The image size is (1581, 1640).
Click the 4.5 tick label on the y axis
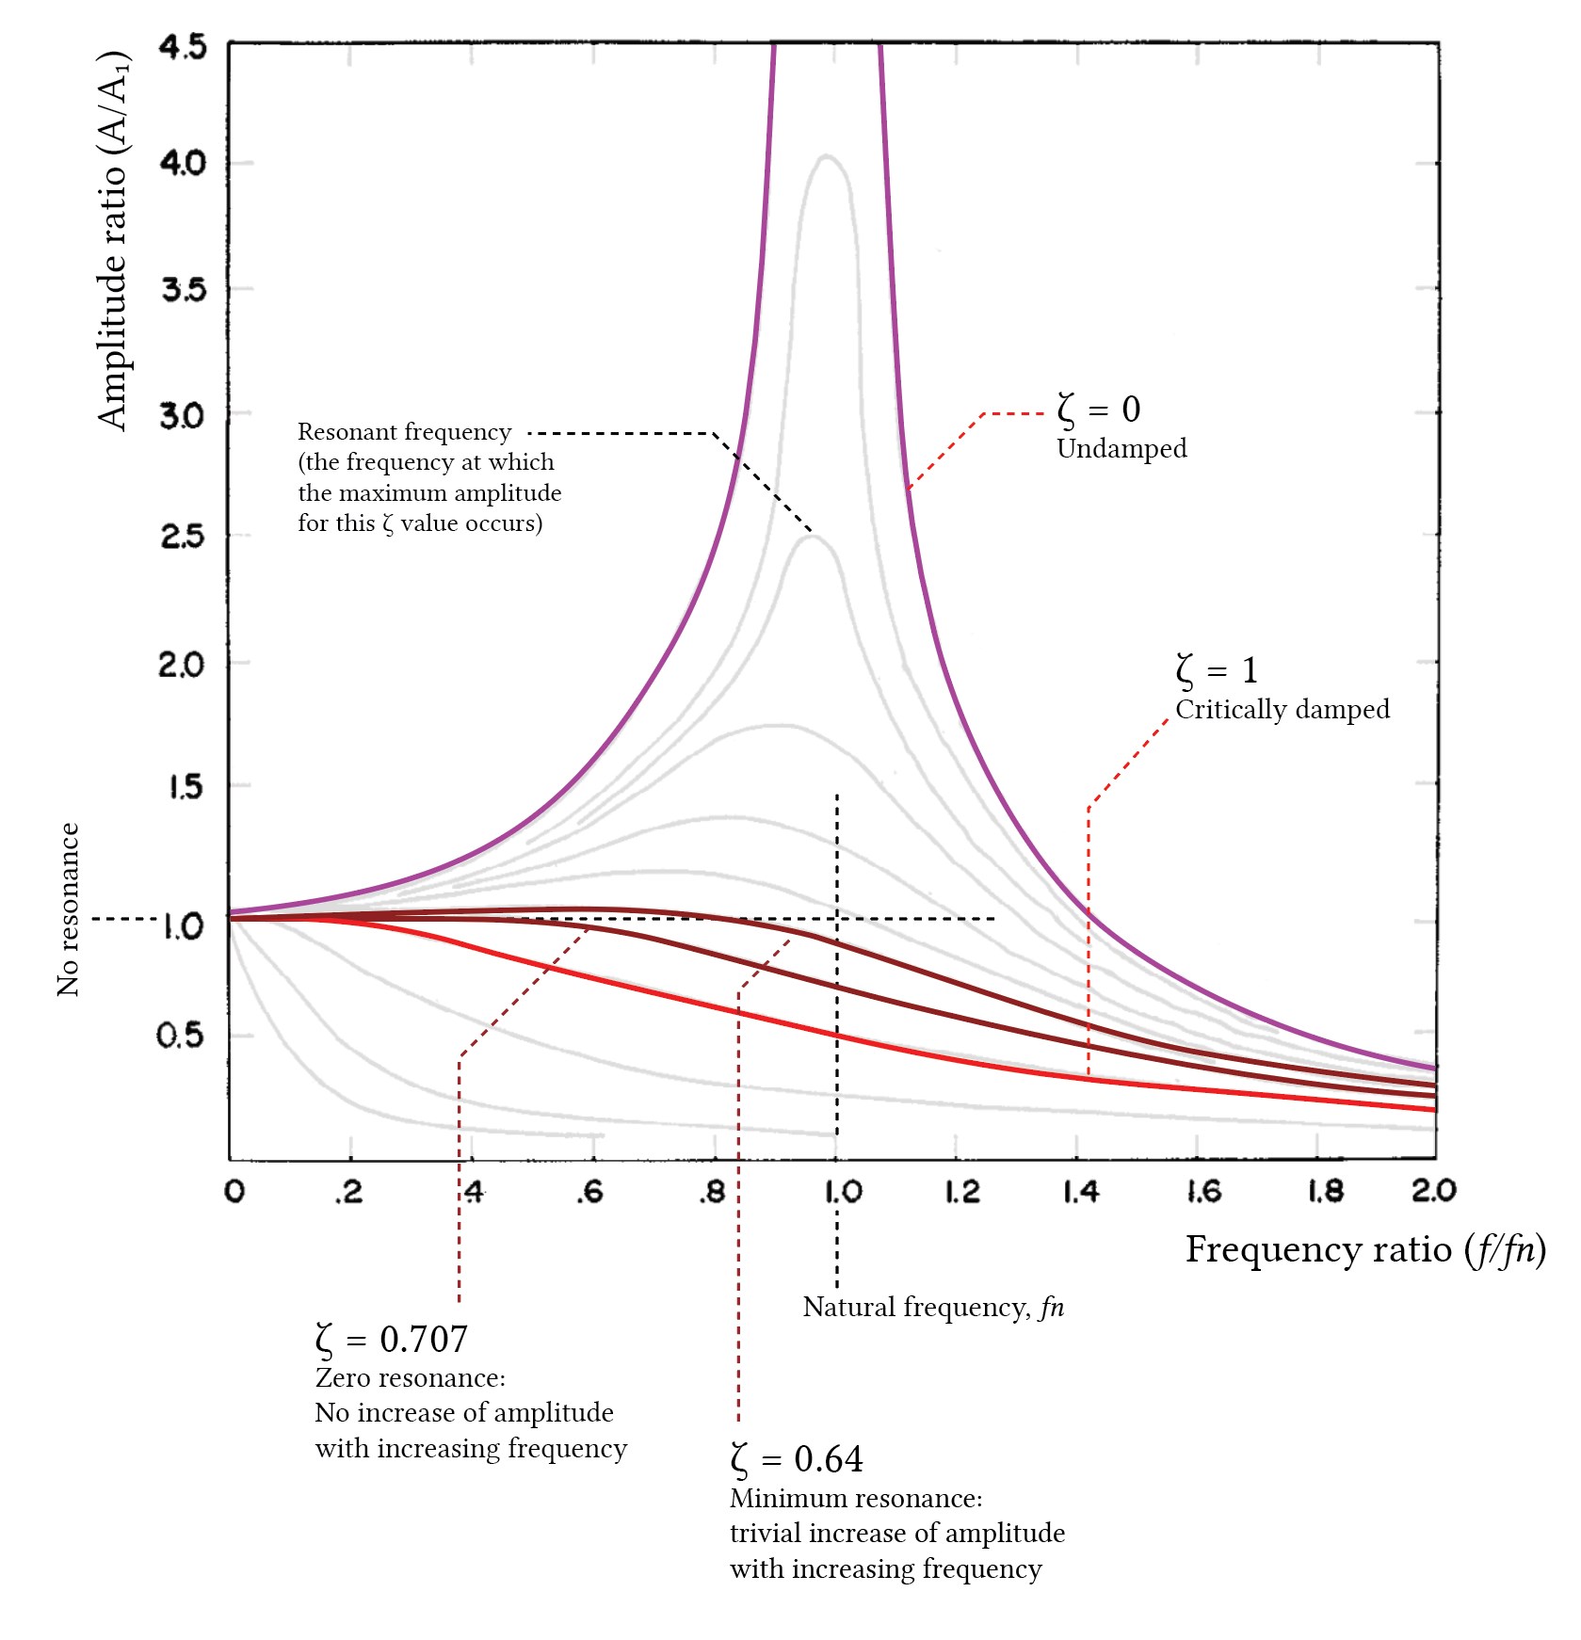(x=183, y=47)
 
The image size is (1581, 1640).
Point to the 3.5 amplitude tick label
(x=183, y=289)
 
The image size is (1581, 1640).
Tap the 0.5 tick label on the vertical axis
(x=180, y=1036)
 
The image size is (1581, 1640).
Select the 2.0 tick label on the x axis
(x=1433, y=1191)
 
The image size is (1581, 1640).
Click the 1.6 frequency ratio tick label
(x=1202, y=1192)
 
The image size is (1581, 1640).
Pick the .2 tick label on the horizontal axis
(x=348, y=1192)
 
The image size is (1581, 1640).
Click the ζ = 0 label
(x=1098, y=410)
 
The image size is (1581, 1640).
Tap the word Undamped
(x=1121, y=448)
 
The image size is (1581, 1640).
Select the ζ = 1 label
(x=1217, y=670)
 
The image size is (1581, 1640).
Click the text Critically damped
(x=1282, y=709)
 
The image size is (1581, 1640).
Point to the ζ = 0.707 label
(x=391, y=1339)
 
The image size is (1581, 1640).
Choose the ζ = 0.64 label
(x=796, y=1459)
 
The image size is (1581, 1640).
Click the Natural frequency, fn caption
(x=932, y=1307)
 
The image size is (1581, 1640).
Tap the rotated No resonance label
(x=68, y=909)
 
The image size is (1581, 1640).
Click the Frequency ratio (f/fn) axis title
(x=1364, y=1249)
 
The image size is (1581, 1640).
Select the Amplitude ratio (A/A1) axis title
(x=113, y=241)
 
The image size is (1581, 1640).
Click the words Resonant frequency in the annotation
(x=404, y=432)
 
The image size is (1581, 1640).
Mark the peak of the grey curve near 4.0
(x=827, y=156)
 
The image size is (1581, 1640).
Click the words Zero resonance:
(x=410, y=1378)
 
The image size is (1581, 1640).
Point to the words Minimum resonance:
(x=855, y=1498)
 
